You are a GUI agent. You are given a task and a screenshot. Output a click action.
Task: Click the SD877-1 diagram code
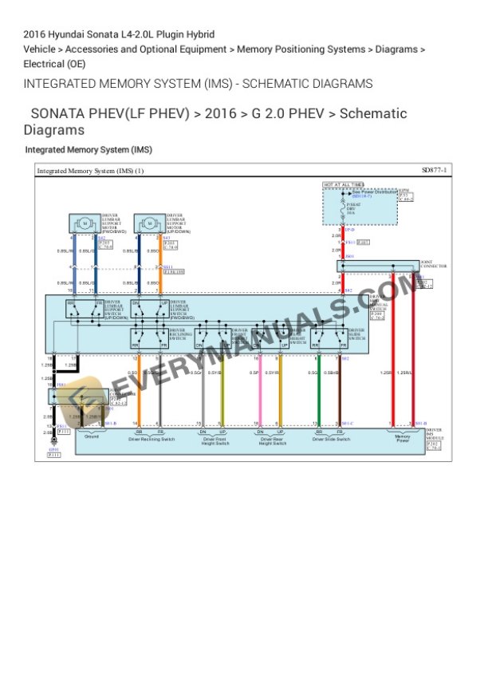pos(435,171)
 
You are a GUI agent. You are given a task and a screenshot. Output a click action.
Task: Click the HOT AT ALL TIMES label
pos(343,185)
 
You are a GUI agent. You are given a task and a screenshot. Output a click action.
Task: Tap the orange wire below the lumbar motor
pos(159,263)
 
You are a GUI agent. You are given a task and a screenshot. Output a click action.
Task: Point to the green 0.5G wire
pos(320,391)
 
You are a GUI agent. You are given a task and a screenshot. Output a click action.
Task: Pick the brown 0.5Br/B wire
pos(340,391)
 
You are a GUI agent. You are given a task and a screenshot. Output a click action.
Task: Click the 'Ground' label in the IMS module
pos(91,438)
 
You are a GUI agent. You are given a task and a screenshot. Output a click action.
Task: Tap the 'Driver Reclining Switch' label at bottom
pos(152,439)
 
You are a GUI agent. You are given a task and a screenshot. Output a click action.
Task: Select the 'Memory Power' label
pos(403,438)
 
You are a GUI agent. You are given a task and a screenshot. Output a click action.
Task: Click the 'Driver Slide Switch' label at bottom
pos(330,439)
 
